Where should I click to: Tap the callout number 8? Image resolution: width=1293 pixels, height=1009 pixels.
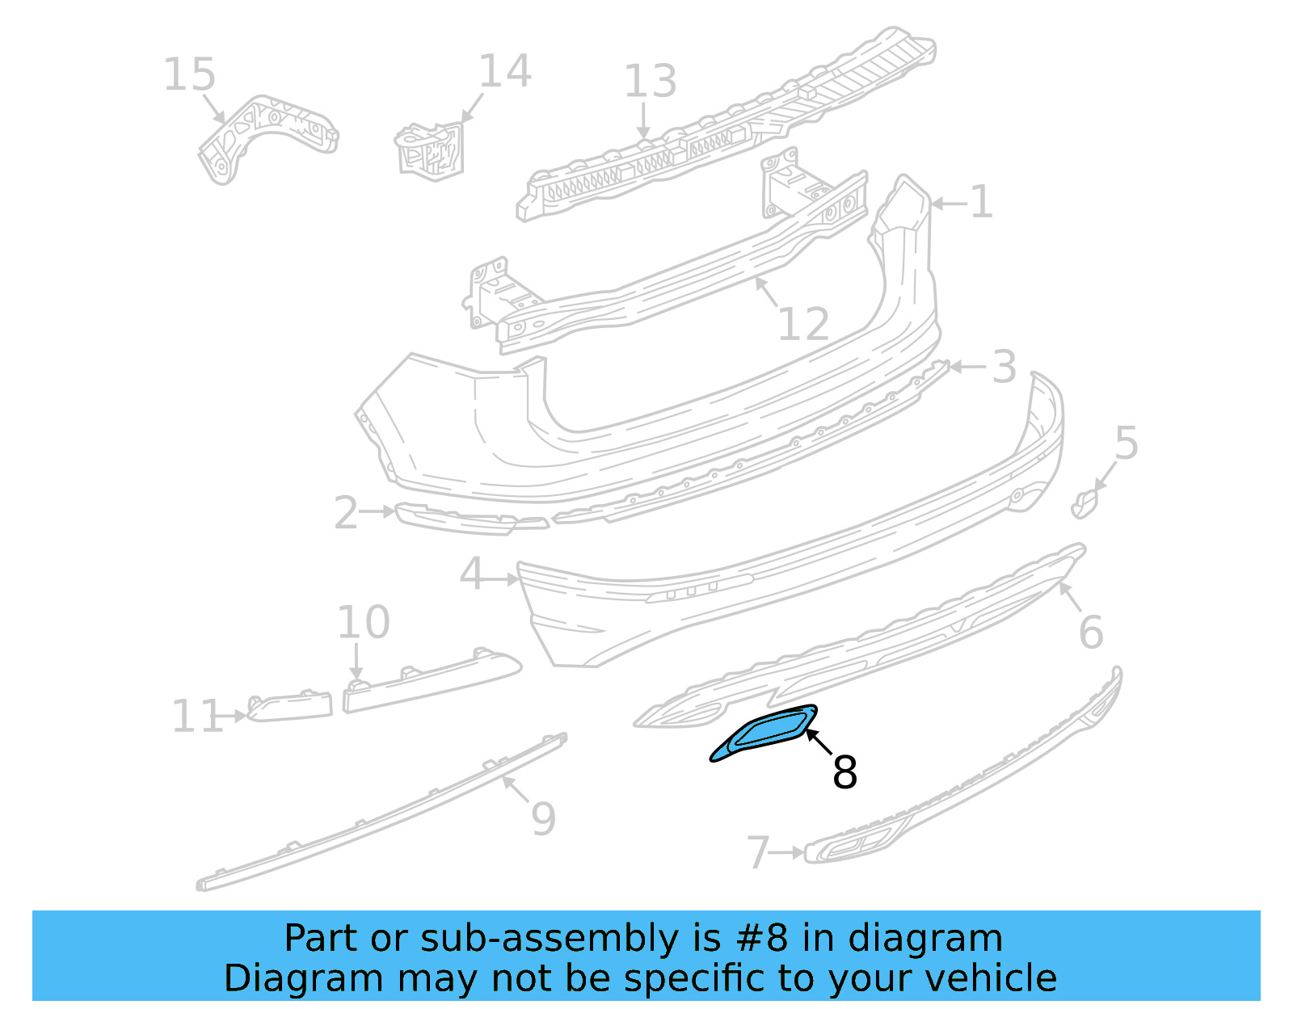point(844,772)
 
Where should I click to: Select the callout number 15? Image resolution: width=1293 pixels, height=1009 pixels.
point(189,75)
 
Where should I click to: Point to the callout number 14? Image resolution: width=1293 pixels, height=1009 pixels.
point(505,71)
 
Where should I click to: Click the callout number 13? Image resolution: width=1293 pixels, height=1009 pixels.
point(650,82)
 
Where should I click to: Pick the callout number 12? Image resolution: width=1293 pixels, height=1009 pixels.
point(803,325)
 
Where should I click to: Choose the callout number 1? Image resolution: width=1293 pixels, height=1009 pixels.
point(981,202)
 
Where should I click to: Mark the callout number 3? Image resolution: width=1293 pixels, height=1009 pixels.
point(1004,368)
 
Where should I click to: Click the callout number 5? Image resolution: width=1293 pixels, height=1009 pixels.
point(1126,444)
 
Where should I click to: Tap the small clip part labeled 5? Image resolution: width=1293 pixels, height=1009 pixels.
point(1085,503)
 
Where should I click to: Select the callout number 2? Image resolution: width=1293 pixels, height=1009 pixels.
point(346,514)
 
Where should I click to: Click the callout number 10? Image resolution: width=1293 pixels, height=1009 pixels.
point(363,623)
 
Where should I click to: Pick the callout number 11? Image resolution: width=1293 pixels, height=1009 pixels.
point(197,717)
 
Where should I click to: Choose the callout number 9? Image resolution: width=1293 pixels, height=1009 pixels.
point(544,819)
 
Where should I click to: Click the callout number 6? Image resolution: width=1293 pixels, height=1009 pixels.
point(1091,632)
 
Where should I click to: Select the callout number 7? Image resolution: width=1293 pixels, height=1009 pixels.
point(757,853)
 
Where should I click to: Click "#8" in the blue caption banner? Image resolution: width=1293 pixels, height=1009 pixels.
point(762,939)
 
